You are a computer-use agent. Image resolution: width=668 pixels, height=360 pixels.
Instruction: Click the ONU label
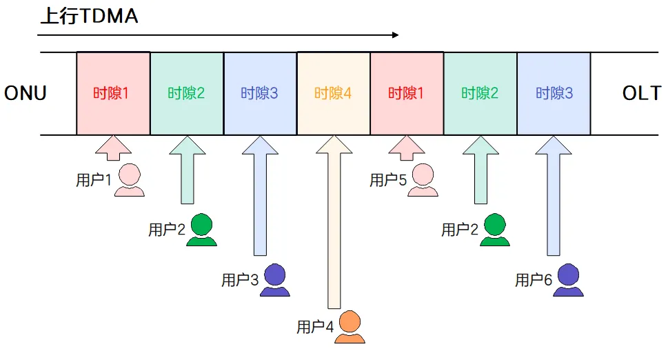(x=26, y=94)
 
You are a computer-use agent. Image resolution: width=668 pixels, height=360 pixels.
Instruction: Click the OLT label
(x=642, y=94)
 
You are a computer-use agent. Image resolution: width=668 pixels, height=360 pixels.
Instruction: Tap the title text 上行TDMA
(x=89, y=17)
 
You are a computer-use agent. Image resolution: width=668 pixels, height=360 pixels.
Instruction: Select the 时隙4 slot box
(x=333, y=93)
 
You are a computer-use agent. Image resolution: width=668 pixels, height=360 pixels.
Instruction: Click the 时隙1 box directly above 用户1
(x=112, y=93)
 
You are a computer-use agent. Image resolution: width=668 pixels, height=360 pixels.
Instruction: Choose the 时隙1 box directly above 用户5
(x=407, y=93)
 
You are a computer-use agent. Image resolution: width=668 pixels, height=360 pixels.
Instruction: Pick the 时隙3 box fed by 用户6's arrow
(x=554, y=93)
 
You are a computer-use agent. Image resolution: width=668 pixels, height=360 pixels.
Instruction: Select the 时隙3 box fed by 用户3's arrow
(x=260, y=93)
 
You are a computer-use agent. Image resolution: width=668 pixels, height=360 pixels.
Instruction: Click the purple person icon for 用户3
(x=275, y=280)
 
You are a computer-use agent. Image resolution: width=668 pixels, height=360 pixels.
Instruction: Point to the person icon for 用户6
(x=569, y=280)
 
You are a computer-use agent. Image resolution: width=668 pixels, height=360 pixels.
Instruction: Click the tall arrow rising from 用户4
(x=334, y=221)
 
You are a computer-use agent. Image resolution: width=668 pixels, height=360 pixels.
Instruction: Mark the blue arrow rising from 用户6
(x=554, y=197)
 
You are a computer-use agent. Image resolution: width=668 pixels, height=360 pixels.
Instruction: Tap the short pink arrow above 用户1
(x=112, y=148)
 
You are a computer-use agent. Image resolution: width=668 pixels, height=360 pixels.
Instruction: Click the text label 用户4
(x=314, y=328)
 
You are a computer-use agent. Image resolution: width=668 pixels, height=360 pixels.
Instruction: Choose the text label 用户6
(x=534, y=281)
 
